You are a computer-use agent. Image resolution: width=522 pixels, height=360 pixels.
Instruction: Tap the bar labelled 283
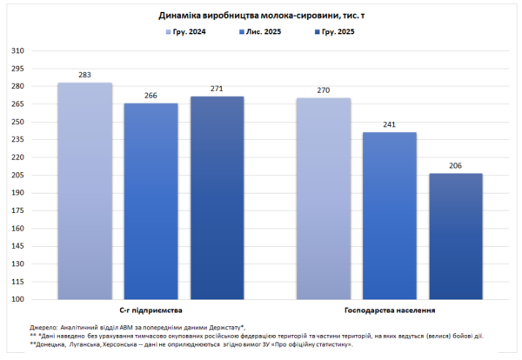pos(84,191)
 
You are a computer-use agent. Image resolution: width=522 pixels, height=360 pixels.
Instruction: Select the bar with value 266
pos(151,201)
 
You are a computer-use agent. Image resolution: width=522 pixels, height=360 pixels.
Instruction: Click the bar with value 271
pos(217,198)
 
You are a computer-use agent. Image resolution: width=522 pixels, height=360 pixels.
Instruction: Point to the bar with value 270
pos(323,198)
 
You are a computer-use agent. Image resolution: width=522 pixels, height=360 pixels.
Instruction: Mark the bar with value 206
pos(455,237)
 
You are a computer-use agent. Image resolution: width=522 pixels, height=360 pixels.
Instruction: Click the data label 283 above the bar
pos(84,76)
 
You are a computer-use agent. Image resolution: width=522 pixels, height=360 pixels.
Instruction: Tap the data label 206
pos(455,166)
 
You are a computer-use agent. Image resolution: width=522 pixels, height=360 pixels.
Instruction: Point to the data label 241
pos(389,125)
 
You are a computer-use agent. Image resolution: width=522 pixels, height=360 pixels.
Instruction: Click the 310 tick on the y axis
pos(17,50)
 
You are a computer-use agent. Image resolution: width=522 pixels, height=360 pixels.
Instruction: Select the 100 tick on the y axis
pos(17,299)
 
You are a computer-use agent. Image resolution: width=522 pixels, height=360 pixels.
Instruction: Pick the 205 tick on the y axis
pos(17,175)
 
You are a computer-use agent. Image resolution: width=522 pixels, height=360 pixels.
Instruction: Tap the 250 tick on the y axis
pos(17,122)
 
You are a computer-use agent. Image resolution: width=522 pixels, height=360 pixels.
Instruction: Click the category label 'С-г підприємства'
pos(150,310)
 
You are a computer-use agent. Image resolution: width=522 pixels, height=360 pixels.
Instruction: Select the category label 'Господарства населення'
pos(389,310)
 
